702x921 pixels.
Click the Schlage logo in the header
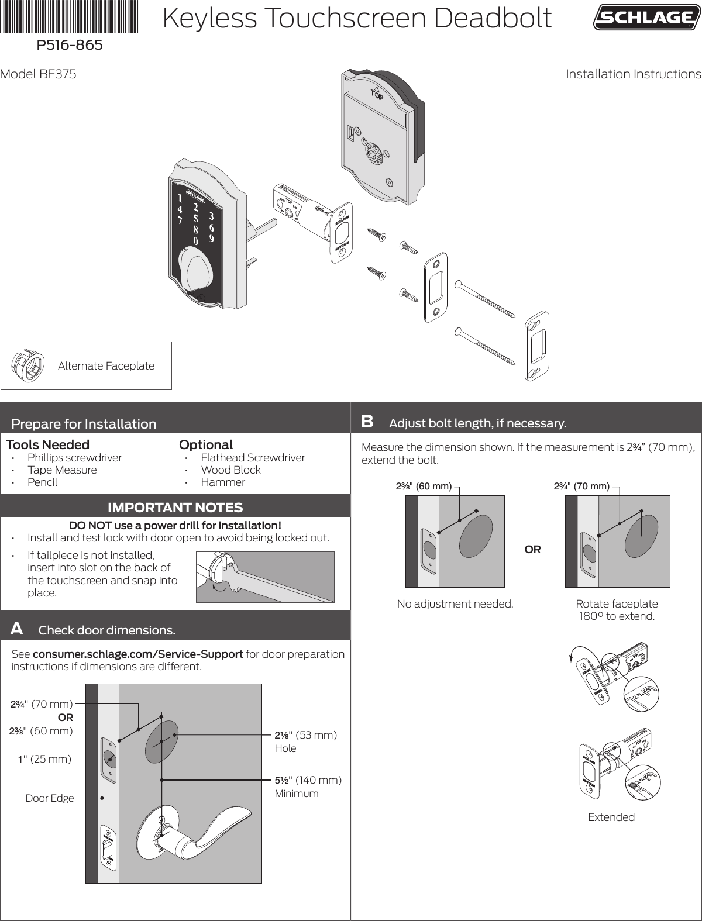pos(646,18)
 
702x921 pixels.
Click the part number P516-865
pos(70,45)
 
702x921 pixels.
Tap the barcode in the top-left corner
pos(70,16)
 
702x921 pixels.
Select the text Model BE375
pos(38,74)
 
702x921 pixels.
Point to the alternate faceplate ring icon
pos(28,366)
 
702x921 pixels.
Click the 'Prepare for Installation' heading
pos(84,424)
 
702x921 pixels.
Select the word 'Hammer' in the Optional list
pos(223,482)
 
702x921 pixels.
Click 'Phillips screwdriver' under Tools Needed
pos(74,457)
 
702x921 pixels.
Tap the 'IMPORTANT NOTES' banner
pos(175,507)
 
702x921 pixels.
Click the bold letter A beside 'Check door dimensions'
pos(17,629)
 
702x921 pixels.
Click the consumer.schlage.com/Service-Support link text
pos(138,654)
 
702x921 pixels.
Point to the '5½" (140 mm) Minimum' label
pos(308,787)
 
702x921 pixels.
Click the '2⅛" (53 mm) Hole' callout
pos(305,741)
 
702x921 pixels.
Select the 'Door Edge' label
pos(50,798)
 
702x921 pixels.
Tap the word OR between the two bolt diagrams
pos(532,550)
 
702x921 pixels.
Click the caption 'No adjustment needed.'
pos(455,603)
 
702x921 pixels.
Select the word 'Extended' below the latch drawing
pos(611,817)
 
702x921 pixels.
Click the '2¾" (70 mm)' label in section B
pos(581,486)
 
